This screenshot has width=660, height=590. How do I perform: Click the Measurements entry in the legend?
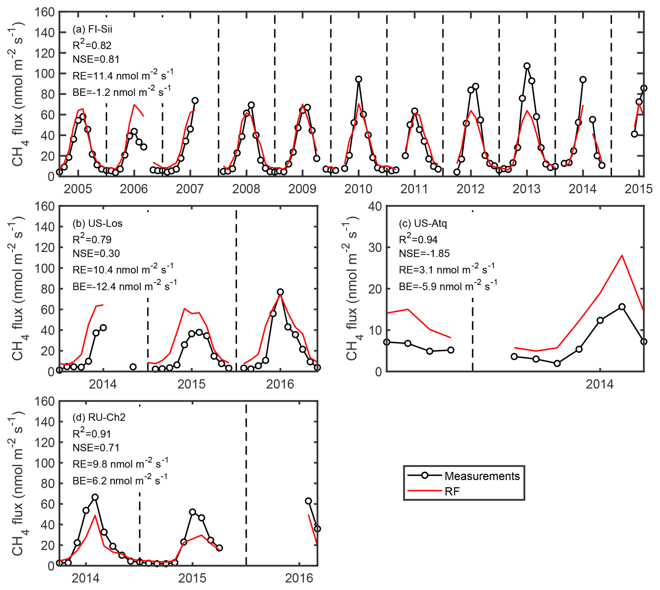coord(482,476)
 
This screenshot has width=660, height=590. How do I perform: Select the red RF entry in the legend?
coord(452,491)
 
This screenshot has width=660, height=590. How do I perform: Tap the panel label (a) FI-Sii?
coord(92,29)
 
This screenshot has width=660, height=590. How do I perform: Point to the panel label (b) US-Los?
coord(97,223)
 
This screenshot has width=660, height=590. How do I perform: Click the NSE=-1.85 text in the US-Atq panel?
coord(424,253)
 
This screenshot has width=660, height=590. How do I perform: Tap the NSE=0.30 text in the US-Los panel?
coord(96,253)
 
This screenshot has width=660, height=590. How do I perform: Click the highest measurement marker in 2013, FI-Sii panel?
coord(527,66)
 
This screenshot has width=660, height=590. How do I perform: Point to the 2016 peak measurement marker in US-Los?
coord(280,292)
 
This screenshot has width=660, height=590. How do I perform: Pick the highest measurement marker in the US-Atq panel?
coord(622,307)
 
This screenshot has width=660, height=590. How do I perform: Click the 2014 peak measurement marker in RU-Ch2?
coord(95,497)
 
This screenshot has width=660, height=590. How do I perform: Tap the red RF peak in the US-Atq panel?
coord(622,255)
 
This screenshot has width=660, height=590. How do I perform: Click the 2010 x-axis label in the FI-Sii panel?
coord(358,189)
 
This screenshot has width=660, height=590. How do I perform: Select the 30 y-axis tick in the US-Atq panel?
coord(376,247)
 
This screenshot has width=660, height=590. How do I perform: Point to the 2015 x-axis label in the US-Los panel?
coord(192,384)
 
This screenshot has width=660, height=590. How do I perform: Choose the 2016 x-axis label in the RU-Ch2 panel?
coord(299,578)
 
